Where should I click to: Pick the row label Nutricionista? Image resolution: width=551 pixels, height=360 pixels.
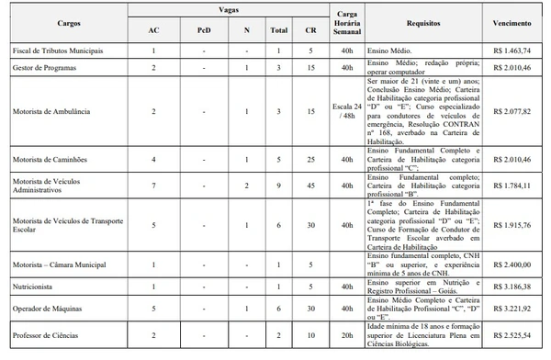37,287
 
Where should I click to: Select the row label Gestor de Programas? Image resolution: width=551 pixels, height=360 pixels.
43,67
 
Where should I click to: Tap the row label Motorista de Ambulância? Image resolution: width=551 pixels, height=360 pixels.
50,111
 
